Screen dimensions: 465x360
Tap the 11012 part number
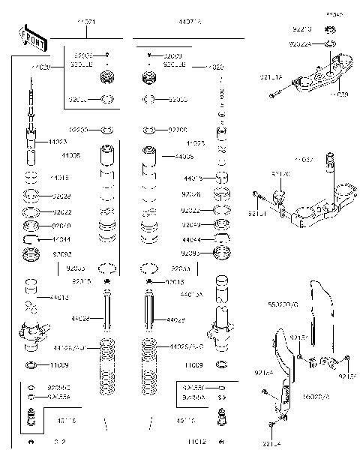point(197,442)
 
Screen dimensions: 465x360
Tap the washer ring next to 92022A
point(329,43)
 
